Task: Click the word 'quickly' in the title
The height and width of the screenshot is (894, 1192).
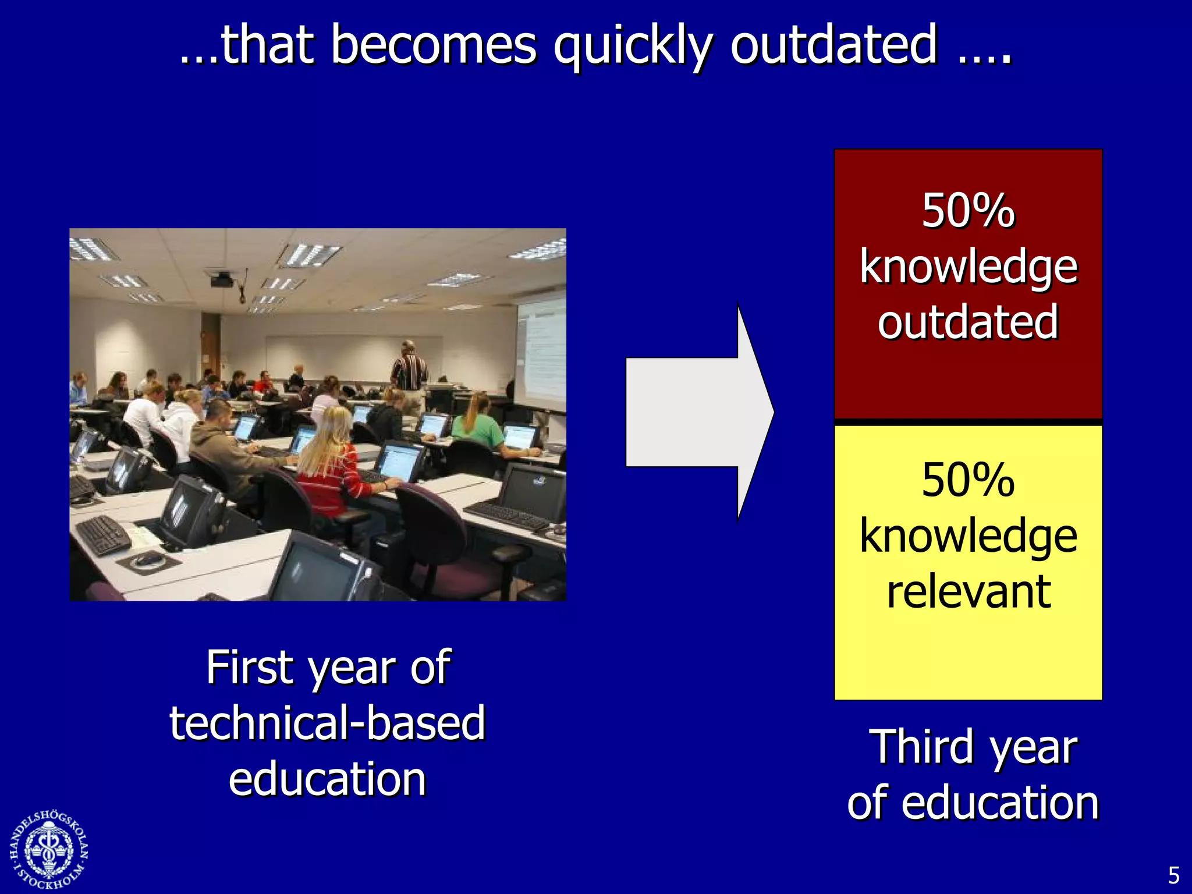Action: (x=632, y=47)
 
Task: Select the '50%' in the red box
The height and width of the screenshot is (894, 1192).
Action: (x=968, y=211)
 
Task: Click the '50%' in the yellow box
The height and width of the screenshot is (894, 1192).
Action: (x=968, y=480)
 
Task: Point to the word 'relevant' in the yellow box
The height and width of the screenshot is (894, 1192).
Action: (x=968, y=592)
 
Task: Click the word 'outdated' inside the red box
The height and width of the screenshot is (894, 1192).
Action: (x=968, y=322)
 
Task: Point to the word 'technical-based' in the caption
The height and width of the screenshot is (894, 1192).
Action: (x=327, y=723)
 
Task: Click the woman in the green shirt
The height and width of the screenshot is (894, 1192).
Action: (x=481, y=422)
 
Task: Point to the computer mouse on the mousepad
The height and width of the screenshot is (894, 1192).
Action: (x=149, y=560)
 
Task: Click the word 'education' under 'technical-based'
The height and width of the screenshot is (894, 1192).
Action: (x=327, y=779)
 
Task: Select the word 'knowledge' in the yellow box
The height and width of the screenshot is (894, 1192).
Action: (x=968, y=536)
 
